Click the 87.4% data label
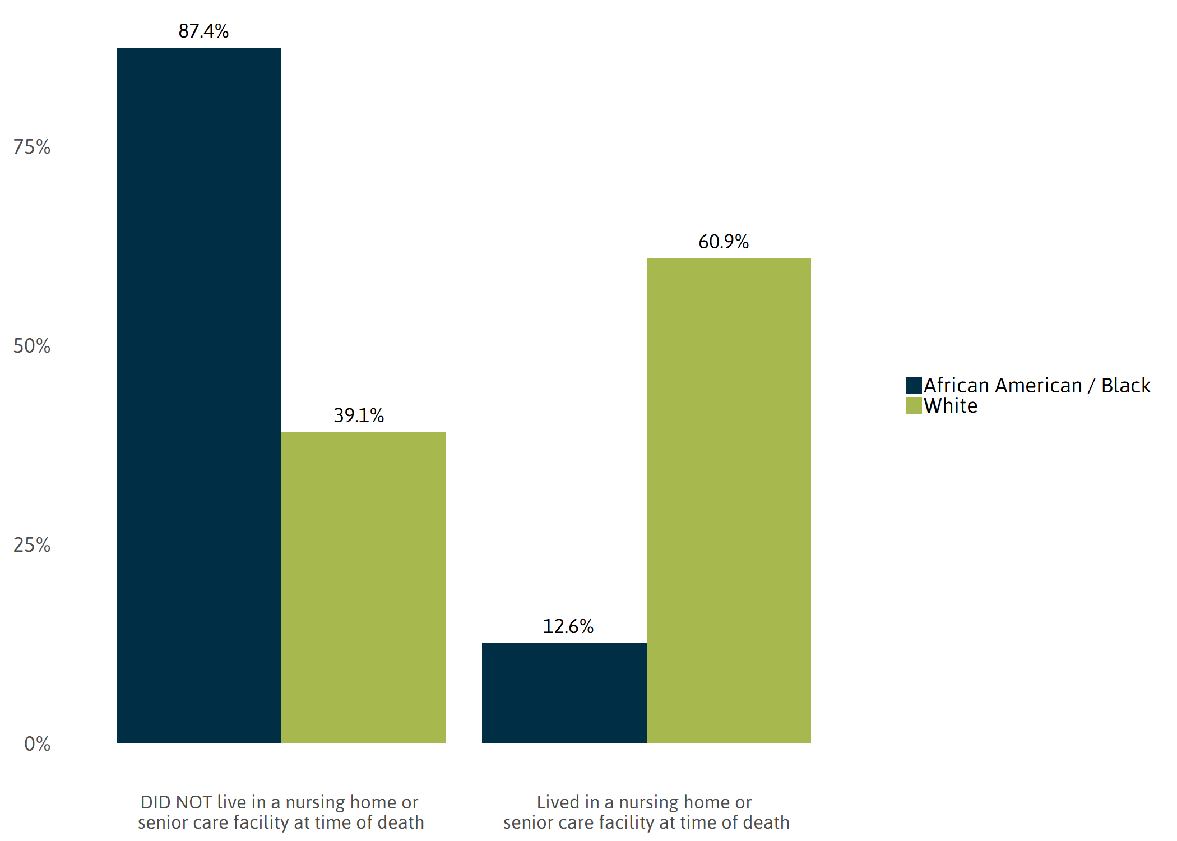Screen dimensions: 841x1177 coord(203,31)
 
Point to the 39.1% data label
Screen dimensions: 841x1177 coord(359,415)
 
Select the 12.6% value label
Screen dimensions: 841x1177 coord(568,626)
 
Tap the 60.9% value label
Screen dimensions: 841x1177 coord(724,242)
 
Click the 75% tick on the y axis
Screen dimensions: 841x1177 coord(32,147)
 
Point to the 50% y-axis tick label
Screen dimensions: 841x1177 coord(32,346)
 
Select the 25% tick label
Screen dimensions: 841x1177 coord(32,545)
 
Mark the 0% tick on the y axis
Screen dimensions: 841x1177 coord(37,744)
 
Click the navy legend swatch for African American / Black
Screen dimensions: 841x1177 coord(914,385)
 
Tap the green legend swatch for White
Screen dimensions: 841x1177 coord(914,405)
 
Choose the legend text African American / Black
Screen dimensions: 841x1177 coord(1037,385)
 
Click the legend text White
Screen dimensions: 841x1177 coord(951,405)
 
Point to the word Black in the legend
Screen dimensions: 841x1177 coord(1125,385)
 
